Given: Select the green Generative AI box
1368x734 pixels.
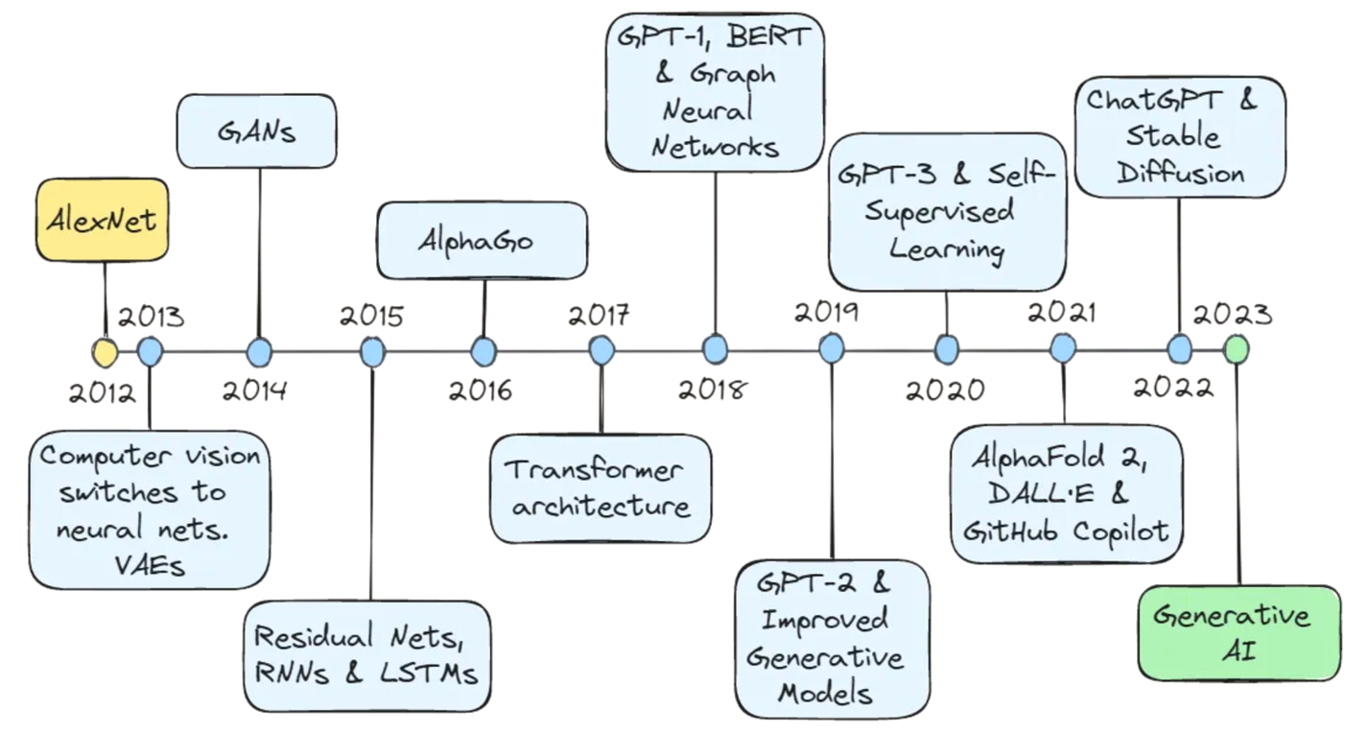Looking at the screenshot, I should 1238,632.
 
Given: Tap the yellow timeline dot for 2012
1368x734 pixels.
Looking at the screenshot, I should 104,352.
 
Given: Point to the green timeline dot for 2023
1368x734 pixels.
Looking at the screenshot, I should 1237,349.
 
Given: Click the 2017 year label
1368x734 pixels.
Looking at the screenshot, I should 599,315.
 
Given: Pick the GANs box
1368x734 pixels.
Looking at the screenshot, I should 257,130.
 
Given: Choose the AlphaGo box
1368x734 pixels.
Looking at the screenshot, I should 482,240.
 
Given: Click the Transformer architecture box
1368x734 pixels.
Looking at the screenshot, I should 601,487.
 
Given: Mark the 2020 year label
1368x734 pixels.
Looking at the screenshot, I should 945,389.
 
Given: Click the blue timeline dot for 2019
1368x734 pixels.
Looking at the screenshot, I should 832,349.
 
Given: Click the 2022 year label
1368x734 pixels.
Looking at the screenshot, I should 1172,387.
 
